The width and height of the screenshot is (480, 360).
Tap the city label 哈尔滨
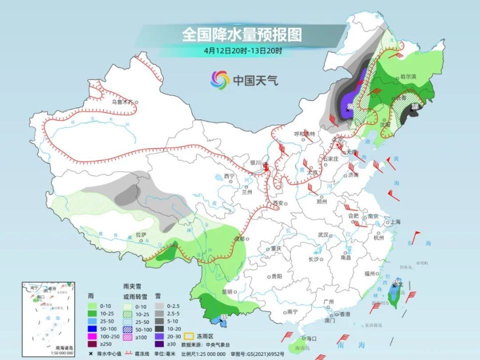(x=408, y=77)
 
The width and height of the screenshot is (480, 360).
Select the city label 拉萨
(x=141, y=234)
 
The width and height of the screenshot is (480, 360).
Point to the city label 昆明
(x=227, y=291)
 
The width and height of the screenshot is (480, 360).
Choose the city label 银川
(x=255, y=163)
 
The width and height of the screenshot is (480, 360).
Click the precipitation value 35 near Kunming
(x=224, y=317)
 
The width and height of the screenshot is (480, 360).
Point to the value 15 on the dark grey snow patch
(x=414, y=106)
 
